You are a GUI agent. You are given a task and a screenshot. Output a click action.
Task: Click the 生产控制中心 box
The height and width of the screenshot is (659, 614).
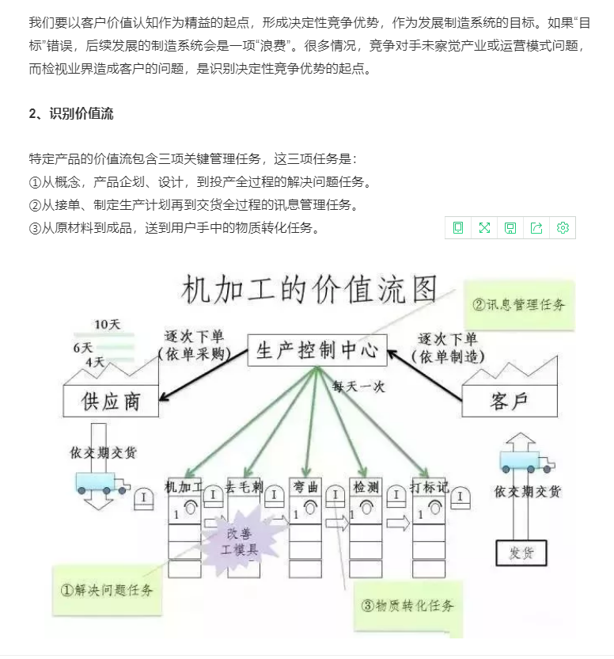pos(317,350)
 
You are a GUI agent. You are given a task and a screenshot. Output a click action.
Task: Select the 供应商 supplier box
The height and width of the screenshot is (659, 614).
pos(110,401)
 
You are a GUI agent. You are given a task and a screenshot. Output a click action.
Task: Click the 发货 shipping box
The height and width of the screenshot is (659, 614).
pos(521,552)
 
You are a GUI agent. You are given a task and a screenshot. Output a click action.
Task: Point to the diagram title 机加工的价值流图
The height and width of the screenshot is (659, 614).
pos(310,291)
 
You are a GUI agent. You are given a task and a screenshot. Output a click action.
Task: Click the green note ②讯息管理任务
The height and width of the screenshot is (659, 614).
pos(518,304)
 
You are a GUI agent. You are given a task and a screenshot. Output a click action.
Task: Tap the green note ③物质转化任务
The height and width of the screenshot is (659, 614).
pos(408,606)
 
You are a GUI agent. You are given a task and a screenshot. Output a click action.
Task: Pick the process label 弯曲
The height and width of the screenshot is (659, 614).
pos(305,486)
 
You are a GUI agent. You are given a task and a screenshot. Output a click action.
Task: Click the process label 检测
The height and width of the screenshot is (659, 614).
pos(366,486)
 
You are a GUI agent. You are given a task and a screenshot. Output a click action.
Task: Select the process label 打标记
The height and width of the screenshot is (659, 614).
pos(430,486)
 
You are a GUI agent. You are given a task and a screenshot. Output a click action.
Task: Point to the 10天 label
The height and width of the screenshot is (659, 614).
pos(107,325)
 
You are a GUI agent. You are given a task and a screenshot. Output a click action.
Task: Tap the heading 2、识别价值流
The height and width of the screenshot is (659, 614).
pos(70,114)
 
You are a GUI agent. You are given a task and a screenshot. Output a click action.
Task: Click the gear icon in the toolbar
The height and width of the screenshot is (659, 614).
pos(563,228)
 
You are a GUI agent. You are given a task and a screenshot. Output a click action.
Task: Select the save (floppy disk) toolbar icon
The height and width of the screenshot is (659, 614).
pos(510,228)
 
